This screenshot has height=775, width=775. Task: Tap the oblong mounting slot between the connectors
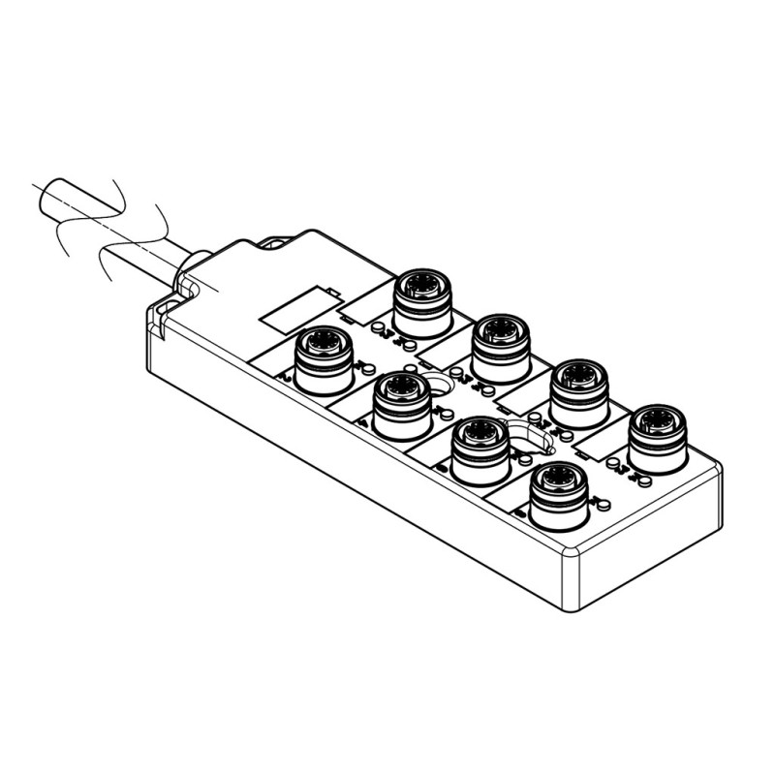[529, 438]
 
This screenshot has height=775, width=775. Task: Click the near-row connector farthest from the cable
[558, 497]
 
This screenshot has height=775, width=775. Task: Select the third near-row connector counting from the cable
[480, 451]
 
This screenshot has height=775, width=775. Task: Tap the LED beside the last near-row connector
[604, 504]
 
